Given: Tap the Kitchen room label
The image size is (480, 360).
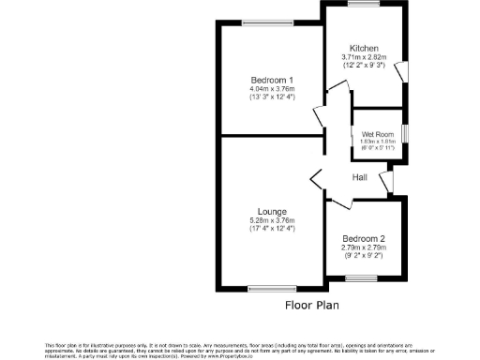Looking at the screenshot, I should click(364, 48).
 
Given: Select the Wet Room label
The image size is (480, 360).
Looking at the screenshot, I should click(377, 134).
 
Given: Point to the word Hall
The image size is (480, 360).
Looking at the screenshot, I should click(359, 177).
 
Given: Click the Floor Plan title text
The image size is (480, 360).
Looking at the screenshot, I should click(311, 305).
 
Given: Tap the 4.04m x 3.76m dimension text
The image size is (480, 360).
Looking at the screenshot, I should click(273, 88).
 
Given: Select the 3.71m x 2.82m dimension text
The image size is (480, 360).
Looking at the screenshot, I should click(364, 57).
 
